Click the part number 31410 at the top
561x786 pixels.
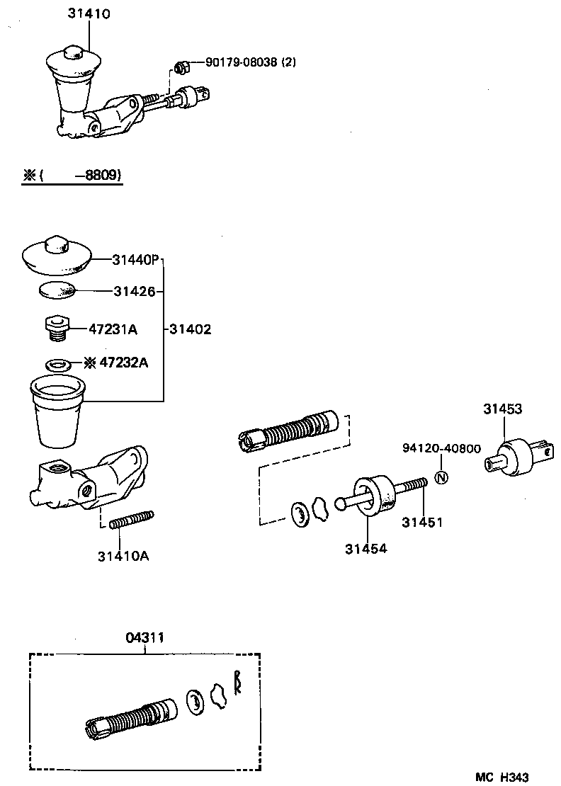point(89,13)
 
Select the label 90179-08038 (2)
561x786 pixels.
point(251,62)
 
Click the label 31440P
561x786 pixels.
point(136,260)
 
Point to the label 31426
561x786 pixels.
point(134,290)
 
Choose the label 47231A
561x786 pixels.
point(113,329)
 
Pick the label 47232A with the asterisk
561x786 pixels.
point(116,363)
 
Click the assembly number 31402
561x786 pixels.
point(190,329)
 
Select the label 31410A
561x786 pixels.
point(123,556)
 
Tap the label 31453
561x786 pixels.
point(503,409)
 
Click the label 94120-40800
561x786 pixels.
point(441,449)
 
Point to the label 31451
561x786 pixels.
point(422,523)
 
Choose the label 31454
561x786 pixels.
point(366,548)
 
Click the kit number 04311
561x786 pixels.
point(145,637)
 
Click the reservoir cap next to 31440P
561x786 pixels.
point(57,256)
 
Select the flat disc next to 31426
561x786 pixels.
point(57,290)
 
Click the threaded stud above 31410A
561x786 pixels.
point(132,519)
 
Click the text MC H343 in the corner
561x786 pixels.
point(501,777)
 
